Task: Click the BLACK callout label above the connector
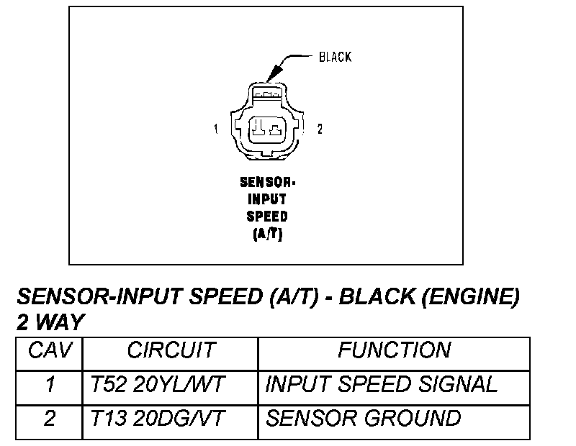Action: click(335, 57)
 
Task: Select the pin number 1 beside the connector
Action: click(215, 129)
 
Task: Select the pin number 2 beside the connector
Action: click(320, 129)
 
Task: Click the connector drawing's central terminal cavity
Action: click(266, 130)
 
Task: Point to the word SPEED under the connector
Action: click(267, 216)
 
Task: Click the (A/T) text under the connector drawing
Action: click(267, 233)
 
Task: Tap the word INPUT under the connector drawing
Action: click(267, 199)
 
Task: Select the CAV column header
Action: click(50, 351)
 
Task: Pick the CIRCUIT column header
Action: click(171, 351)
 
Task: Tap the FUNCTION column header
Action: click(394, 351)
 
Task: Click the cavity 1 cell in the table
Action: click(50, 385)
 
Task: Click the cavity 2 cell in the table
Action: click(50, 419)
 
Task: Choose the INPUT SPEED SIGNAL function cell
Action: click(381, 385)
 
